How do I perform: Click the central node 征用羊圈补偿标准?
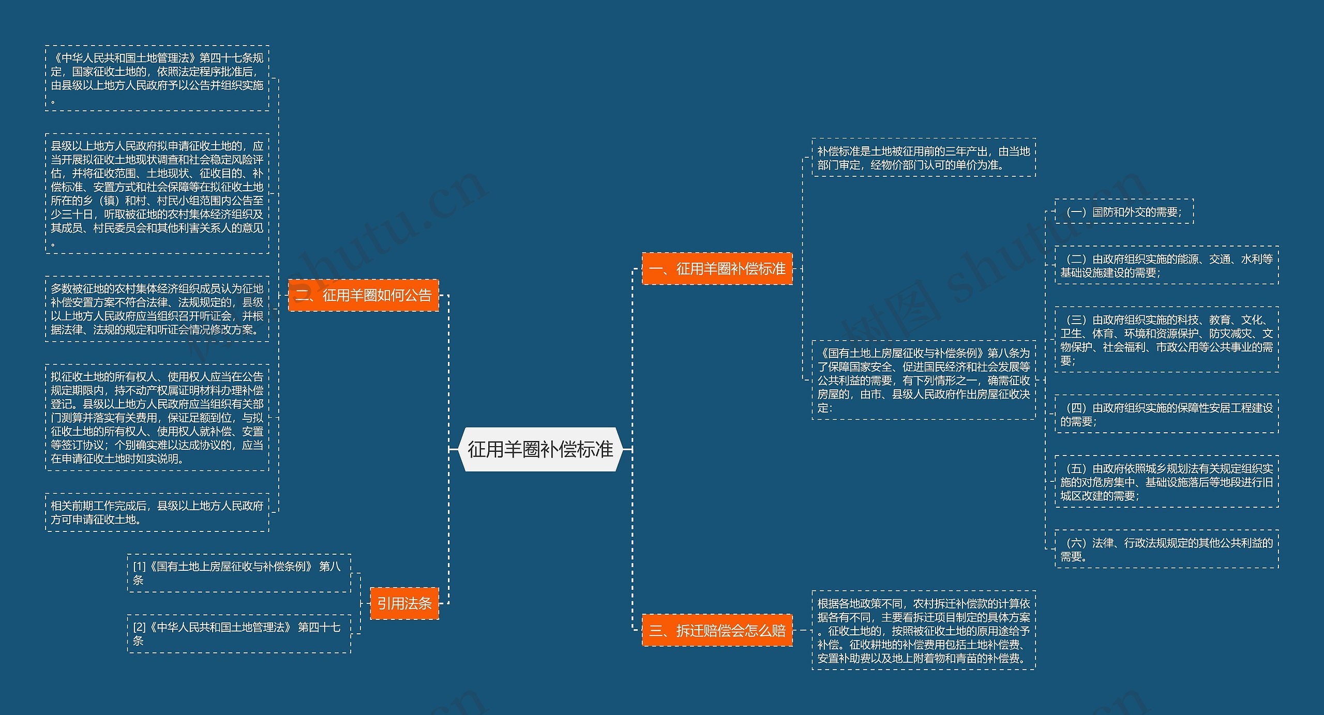(x=540, y=449)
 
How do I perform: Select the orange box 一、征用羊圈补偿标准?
(x=717, y=268)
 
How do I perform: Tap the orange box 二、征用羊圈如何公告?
(x=363, y=295)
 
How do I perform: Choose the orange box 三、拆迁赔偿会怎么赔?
(x=717, y=630)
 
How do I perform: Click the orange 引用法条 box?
(x=404, y=603)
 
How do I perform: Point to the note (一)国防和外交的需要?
(x=1124, y=211)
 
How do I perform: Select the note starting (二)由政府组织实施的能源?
(x=1166, y=265)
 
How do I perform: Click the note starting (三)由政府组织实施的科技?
(x=1166, y=340)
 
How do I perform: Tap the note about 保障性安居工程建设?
(x=1166, y=414)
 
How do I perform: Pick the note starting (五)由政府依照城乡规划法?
(x=1166, y=482)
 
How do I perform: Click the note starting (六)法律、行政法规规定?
(x=1166, y=549)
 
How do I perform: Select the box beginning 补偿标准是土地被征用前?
(x=923, y=158)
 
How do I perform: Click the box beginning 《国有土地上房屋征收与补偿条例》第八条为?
(x=923, y=380)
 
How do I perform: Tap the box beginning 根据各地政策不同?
(x=923, y=630)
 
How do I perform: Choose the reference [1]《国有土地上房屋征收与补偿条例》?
(x=239, y=573)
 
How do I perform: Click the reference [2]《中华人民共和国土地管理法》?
(x=239, y=633)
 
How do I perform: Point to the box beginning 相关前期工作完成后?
(x=157, y=512)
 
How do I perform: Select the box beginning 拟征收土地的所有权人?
(x=157, y=417)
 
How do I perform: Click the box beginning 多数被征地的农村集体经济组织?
(x=157, y=309)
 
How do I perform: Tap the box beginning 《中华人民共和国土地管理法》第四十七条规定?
(x=157, y=78)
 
